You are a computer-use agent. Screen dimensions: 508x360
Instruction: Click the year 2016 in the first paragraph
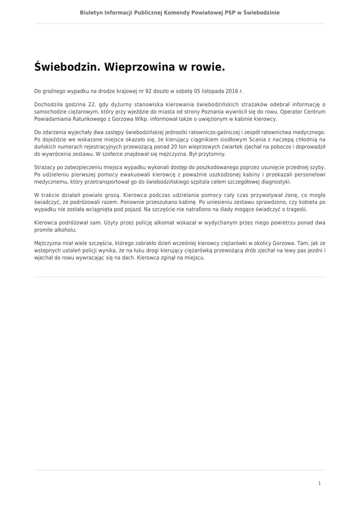coord(232,91)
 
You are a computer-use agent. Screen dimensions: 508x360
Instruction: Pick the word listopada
coord(212,91)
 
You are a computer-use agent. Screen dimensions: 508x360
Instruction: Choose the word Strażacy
coord(46,168)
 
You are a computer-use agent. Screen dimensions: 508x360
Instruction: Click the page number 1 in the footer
coord(319,483)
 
